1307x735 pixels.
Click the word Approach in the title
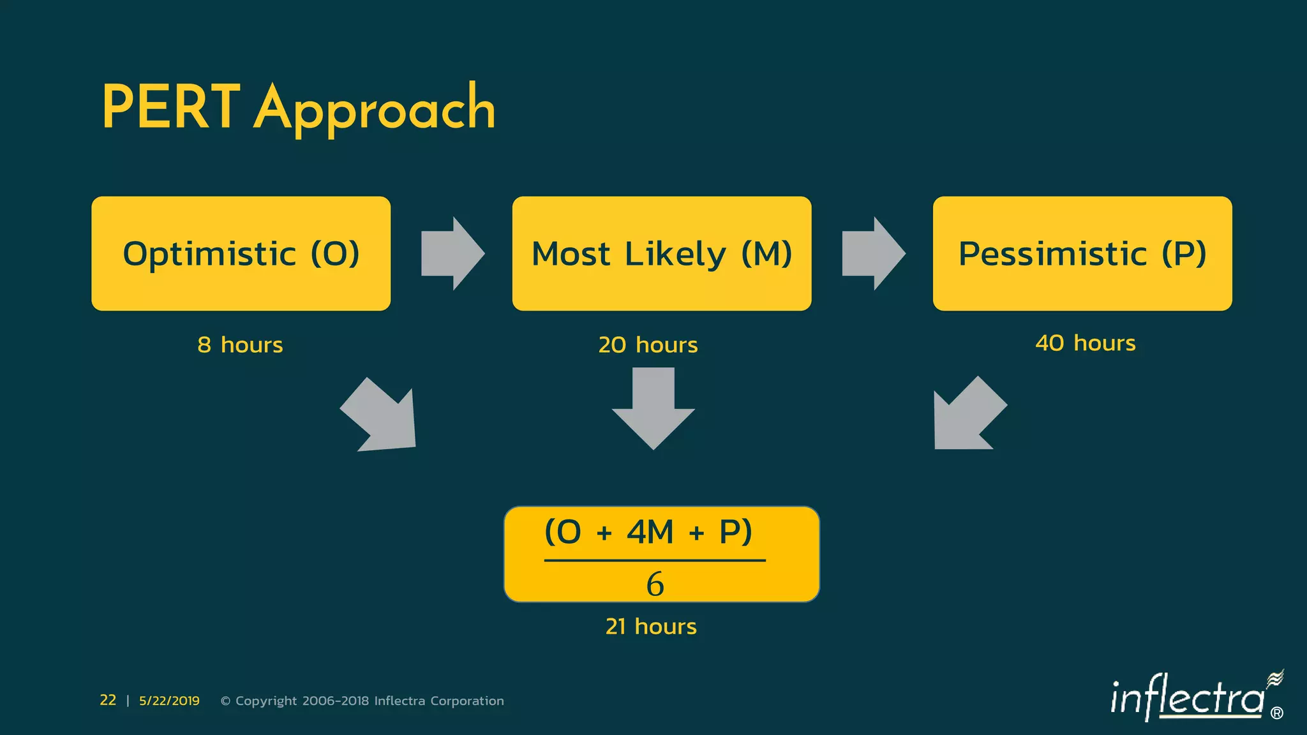(x=375, y=110)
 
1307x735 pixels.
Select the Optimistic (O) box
(x=241, y=253)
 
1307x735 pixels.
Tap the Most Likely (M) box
(x=661, y=253)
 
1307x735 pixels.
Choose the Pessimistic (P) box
(x=1082, y=253)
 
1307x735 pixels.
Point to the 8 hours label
(x=240, y=345)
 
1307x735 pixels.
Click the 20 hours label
(x=648, y=345)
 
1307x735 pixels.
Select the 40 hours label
(x=1085, y=343)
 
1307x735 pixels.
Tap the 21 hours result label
(x=650, y=627)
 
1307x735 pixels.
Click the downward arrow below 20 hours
(x=653, y=408)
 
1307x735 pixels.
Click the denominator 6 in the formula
(x=655, y=584)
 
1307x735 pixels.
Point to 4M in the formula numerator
(x=650, y=531)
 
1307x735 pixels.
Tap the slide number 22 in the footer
(x=108, y=701)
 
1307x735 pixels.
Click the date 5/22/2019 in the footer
(x=169, y=701)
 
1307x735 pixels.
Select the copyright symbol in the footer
(x=225, y=701)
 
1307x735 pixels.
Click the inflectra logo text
(x=1187, y=697)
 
